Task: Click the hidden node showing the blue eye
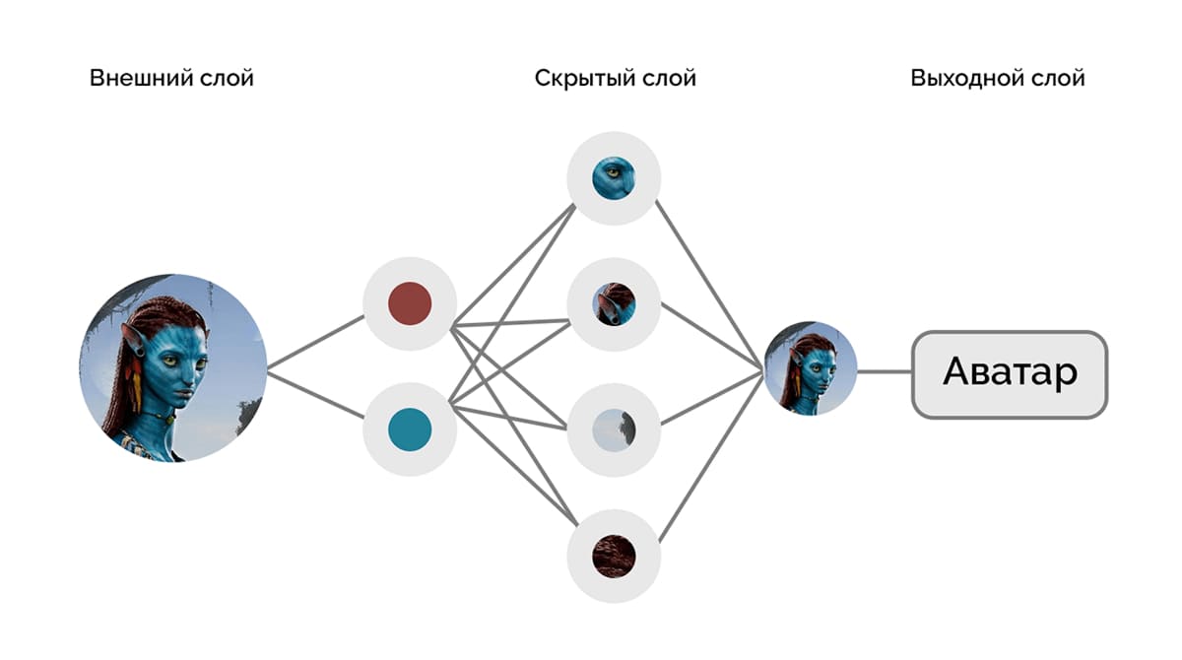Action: [613, 178]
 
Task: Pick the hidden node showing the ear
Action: [613, 303]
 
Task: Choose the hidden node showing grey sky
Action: [613, 430]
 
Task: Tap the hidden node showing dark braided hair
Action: [613, 556]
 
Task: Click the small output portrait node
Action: [810, 368]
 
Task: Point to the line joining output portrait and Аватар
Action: [885, 372]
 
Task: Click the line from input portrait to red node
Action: [315, 343]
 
